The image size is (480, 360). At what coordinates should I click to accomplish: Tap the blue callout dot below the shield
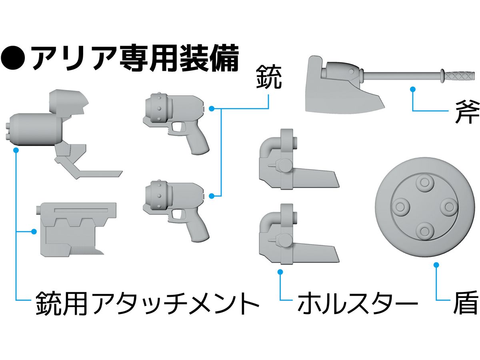point(436,264)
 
